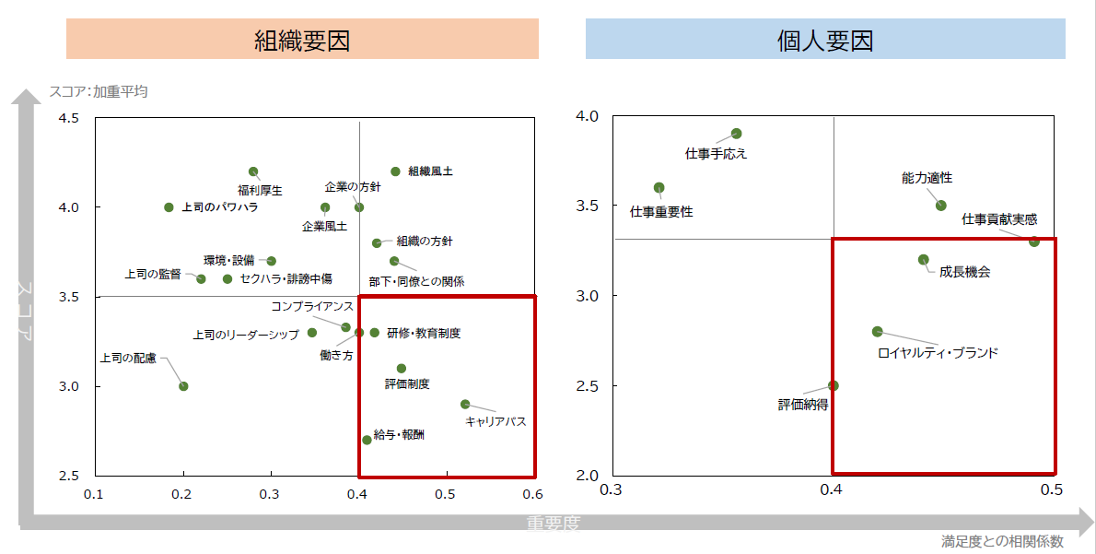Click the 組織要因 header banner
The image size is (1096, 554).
coord(302,41)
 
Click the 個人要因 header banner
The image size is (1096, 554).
coord(825,41)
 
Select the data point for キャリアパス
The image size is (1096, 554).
coord(465,404)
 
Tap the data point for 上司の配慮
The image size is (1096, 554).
coord(183,386)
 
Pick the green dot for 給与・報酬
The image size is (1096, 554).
coord(367,440)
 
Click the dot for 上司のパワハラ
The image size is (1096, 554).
coord(169,207)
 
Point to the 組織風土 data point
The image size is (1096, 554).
coord(395,171)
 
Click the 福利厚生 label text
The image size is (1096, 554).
coord(260,191)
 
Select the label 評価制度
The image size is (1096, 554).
coord(407,383)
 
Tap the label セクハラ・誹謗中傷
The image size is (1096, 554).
coord(286,278)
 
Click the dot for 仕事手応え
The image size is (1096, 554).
coord(736,134)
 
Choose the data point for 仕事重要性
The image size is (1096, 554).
coord(659,187)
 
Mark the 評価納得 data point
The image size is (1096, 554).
coord(834,385)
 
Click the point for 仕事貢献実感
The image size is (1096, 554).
coord(1034,242)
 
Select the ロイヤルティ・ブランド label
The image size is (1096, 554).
coord(938,352)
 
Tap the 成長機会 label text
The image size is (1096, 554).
coord(965,272)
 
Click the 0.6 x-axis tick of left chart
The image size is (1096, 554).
coord(534,493)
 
